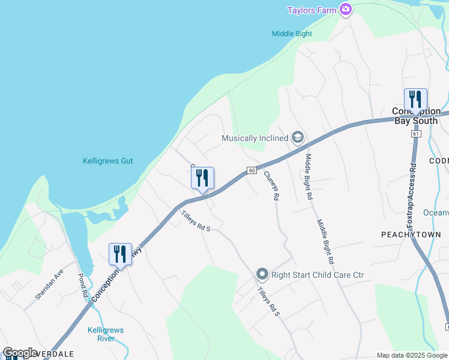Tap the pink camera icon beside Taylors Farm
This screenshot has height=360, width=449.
click(346, 10)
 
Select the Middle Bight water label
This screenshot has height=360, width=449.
click(292, 34)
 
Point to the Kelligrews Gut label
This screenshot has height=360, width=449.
click(107, 161)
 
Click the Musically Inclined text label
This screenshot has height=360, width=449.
click(255, 138)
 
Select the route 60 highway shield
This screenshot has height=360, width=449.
click(252, 171)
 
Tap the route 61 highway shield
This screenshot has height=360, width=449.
click(415, 133)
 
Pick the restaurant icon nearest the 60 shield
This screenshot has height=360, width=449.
click(202, 178)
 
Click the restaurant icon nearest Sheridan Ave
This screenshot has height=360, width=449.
click(120, 254)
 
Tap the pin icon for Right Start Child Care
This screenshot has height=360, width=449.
click(262, 275)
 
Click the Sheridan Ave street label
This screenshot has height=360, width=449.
click(49, 284)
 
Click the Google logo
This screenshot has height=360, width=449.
click(19, 353)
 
